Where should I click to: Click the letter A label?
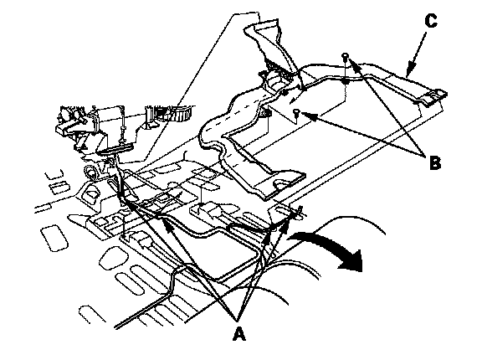point(238,333)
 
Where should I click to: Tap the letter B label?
point(434,163)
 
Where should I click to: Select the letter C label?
point(431,21)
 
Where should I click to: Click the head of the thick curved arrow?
point(353,261)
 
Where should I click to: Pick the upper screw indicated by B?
point(346,57)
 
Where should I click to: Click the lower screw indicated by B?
point(296,113)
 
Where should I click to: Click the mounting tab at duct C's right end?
point(436,95)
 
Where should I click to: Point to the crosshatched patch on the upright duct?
point(277,69)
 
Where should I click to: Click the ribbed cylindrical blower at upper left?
point(176,113)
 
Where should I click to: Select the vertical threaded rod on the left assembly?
point(123,126)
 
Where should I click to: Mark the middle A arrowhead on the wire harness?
point(167,224)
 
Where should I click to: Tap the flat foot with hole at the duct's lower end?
point(281,183)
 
